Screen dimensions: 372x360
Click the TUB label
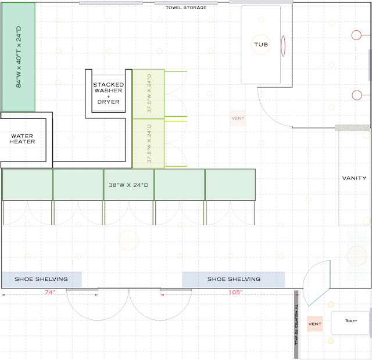(261, 45)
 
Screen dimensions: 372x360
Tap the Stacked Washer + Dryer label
(109, 93)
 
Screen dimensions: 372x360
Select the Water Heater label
(22, 139)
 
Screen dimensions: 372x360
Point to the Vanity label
(354, 178)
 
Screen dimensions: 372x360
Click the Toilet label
(351, 321)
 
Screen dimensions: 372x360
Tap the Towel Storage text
(186, 8)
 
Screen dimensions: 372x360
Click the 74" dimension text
(50, 292)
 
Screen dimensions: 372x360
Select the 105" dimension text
(235, 292)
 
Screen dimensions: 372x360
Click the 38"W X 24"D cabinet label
(128, 185)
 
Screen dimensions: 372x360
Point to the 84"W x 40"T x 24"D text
(19, 57)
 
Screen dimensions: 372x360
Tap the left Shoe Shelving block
(42, 279)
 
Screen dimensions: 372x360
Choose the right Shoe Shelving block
(234, 279)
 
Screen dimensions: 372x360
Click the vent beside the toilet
(314, 324)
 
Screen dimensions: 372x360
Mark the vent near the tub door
(238, 118)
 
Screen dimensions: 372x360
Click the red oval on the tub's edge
(283, 46)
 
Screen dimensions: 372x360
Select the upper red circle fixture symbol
(356, 35)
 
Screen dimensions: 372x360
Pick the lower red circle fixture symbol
(356, 95)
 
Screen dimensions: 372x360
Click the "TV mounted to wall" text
(296, 325)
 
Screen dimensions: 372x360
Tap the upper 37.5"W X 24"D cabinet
(149, 94)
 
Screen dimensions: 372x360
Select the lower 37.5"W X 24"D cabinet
(149, 143)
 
